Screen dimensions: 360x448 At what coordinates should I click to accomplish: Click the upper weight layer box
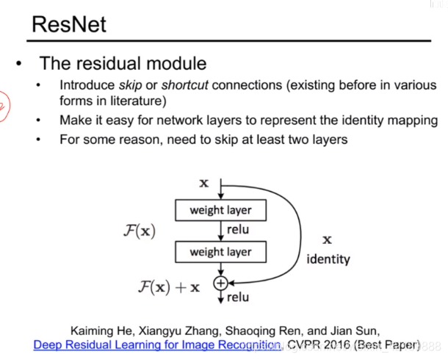tap(220, 211)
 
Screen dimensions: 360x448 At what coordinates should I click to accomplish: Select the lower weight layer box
tap(220, 252)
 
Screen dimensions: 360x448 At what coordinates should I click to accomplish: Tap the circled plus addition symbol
tap(220, 283)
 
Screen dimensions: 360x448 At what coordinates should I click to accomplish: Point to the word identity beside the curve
tap(328, 259)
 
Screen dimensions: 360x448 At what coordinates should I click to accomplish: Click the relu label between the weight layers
tap(239, 231)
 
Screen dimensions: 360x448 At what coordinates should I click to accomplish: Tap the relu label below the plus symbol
tap(239, 298)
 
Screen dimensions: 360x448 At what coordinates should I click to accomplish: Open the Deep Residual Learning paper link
tap(155, 344)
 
